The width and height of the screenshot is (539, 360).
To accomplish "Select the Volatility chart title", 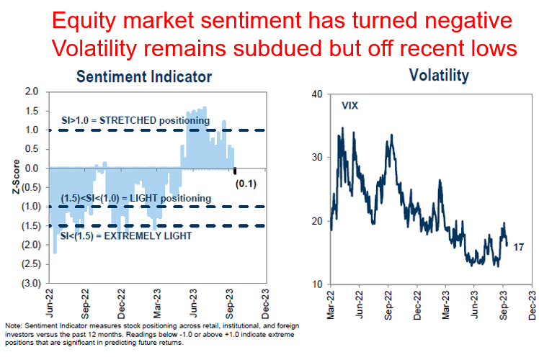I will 438,75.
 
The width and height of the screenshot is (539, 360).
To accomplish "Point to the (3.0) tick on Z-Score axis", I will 28,284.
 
